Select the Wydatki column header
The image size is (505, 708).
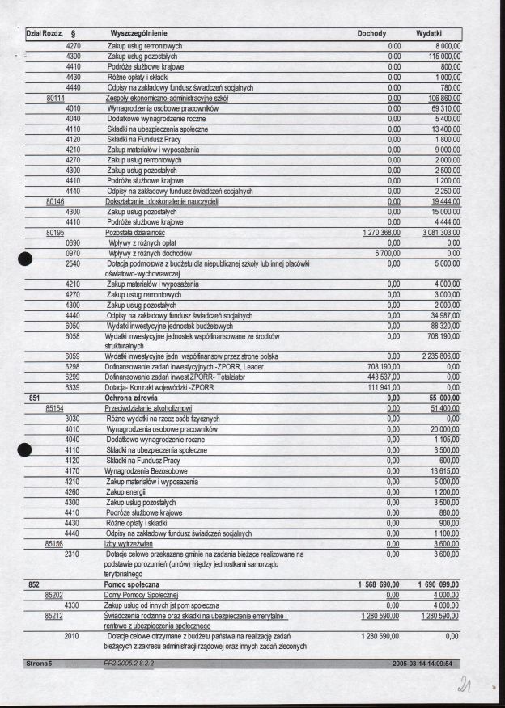coord(428,34)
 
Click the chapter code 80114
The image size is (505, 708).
coord(56,98)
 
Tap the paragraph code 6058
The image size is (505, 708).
coord(73,335)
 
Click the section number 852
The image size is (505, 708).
coord(35,583)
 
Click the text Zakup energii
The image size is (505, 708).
coord(127,491)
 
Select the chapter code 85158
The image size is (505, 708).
coord(56,544)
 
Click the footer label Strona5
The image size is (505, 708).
coord(38,664)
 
